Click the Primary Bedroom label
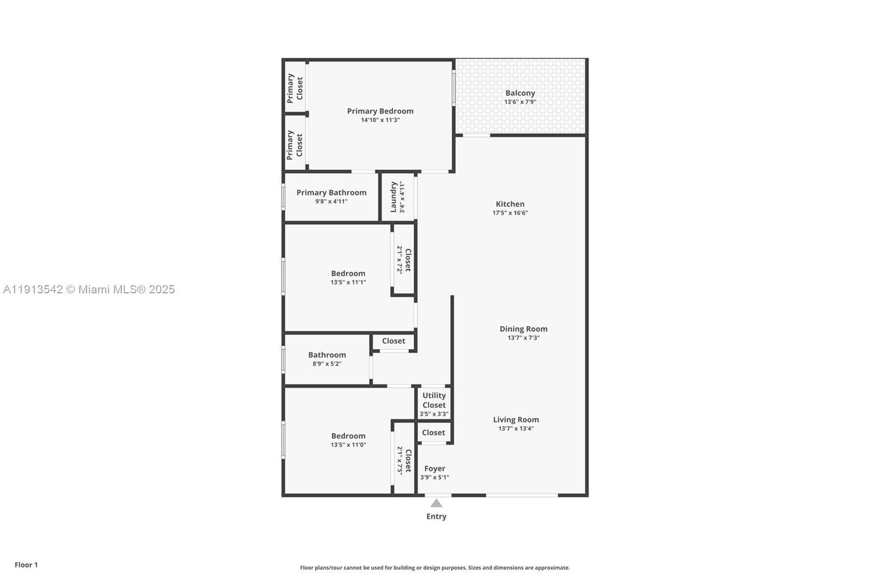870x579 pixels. pos(380,111)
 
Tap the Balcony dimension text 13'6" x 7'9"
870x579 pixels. pos(520,102)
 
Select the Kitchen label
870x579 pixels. pos(509,204)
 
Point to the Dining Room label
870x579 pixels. pos(523,329)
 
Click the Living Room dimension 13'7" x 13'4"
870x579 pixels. pos(515,429)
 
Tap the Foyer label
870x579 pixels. pos(434,468)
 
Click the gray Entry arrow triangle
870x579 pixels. pos(436,504)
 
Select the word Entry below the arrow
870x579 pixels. pos(436,517)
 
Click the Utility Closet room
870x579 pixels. pos(434,403)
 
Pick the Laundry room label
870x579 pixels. pos(393,197)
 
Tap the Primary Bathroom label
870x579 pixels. pos(331,192)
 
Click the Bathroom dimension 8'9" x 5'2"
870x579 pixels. pos(327,364)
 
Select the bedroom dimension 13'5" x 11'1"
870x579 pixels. pos(348,282)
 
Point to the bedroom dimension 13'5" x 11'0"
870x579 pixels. pos(348,445)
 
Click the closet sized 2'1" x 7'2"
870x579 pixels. pos(403,260)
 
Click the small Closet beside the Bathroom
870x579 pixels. pos(393,341)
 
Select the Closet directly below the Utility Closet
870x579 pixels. pos(433,432)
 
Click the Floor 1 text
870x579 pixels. pos(26,565)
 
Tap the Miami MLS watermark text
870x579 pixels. pos(89,289)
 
